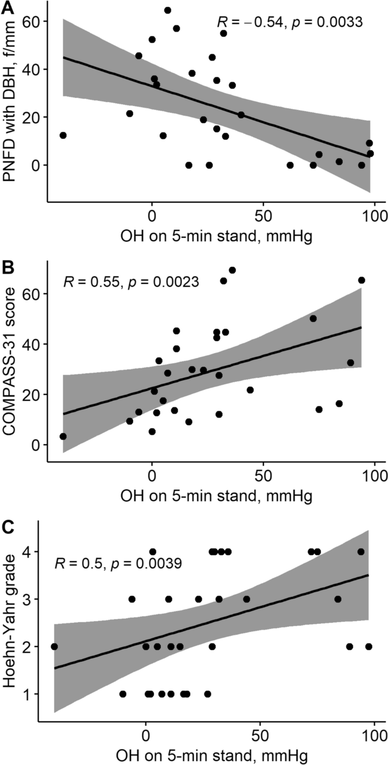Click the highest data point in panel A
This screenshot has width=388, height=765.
pyautogui.click(x=168, y=10)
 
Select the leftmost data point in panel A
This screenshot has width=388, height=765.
pyautogui.click(x=63, y=135)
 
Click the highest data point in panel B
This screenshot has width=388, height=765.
pyautogui.click(x=232, y=270)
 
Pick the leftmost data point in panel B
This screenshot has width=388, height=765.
pyautogui.click(x=63, y=436)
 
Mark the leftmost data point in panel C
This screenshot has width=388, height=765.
pyautogui.click(x=54, y=647)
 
